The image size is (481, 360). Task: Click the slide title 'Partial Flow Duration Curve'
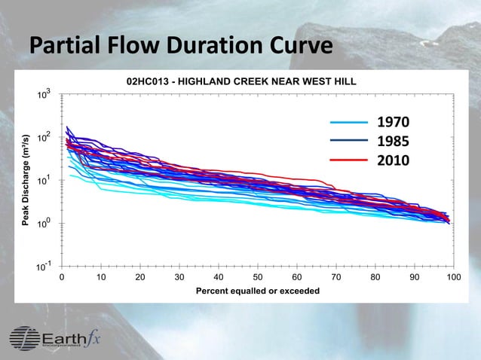pyautogui.click(x=181, y=47)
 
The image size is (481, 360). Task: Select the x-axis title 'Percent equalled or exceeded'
pyautogui.click(x=257, y=291)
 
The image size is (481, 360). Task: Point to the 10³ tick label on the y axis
pyautogui.click(x=45, y=94)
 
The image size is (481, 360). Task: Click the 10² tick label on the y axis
pyautogui.click(x=45, y=138)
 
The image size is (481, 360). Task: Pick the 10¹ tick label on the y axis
pyautogui.click(x=45, y=181)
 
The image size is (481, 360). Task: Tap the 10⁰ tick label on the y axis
pyautogui.click(x=45, y=224)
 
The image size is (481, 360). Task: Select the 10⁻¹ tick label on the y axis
pyautogui.click(x=44, y=266)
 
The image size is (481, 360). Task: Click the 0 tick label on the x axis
pyautogui.click(x=62, y=277)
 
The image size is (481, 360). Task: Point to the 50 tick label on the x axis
pyautogui.click(x=257, y=277)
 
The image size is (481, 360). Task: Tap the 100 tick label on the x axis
pyautogui.click(x=453, y=277)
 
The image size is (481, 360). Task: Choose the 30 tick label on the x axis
pyautogui.click(x=179, y=277)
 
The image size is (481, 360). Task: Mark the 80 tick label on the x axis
pyautogui.click(x=375, y=277)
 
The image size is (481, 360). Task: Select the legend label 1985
pyautogui.click(x=393, y=142)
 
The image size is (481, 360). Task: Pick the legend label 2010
pyautogui.click(x=393, y=160)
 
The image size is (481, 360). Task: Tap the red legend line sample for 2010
pyautogui.click(x=349, y=160)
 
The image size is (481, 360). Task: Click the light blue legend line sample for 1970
pyautogui.click(x=349, y=122)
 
